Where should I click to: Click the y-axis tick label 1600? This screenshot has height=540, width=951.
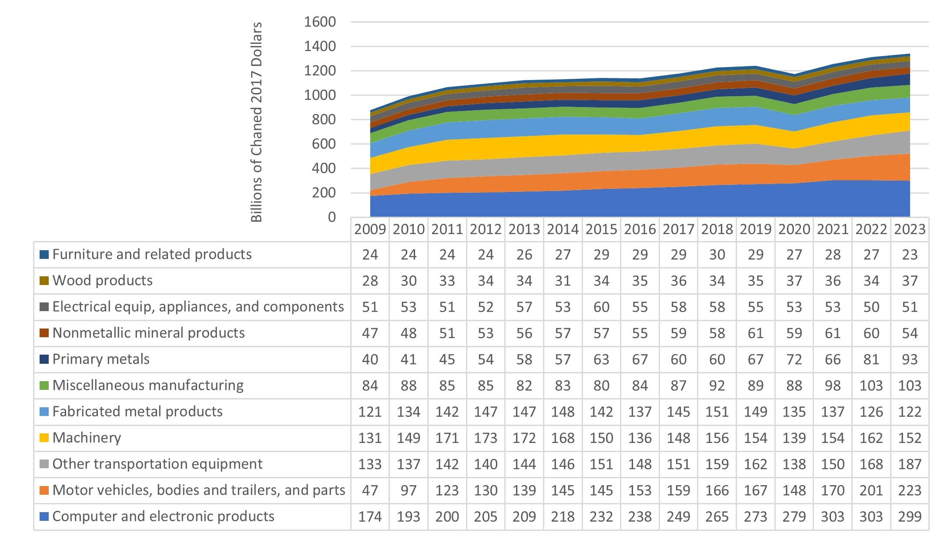pyautogui.click(x=320, y=22)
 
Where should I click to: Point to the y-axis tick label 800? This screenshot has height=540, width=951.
pyautogui.click(x=324, y=120)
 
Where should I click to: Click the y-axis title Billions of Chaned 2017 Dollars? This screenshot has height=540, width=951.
pyautogui.click(x=257, y=122)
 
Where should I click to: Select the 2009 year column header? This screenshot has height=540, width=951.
pyautogui.click(x=370, y=229)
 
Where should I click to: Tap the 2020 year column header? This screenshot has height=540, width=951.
pyautogui.click(x=794, y=229)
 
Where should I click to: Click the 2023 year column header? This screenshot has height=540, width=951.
pyautogui.click(x=910, y=229)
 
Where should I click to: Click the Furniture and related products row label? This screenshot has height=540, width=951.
pyautogui.click(x=152, y=255)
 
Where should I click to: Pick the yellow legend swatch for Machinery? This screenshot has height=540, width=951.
pyautogui.click(x=44, y=438)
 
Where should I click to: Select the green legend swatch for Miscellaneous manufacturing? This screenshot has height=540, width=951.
pyautogui.click(x=44, y=386)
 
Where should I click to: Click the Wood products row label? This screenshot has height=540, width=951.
pyautogui.click(x=102, y=281)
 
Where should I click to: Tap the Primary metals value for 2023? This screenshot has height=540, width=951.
pyautogui.click(x=910, y=359)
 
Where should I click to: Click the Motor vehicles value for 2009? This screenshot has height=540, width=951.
pyautogui.click(x=370, y=490)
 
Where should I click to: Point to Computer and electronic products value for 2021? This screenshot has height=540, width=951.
pyautogui.click(x=833, y=517)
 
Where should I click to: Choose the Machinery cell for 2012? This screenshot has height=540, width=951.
pyautogui.click(x=486, y=438)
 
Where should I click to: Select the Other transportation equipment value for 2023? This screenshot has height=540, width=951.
pyautogui.click(x=910, y=464)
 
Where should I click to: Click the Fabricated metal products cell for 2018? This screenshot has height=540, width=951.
pyautogui.click(x=717, y=412)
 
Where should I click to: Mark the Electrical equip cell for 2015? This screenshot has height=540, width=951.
pyautogui.click(x=601, y=307)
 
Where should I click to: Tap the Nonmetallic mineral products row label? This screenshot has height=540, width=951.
pyautogui.click(x=148, y=333)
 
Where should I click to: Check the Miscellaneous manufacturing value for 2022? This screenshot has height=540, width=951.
pyautogui.click(x=871, y=386)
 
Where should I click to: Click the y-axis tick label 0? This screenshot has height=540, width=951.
pyautogui.click(x=332, y=217)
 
